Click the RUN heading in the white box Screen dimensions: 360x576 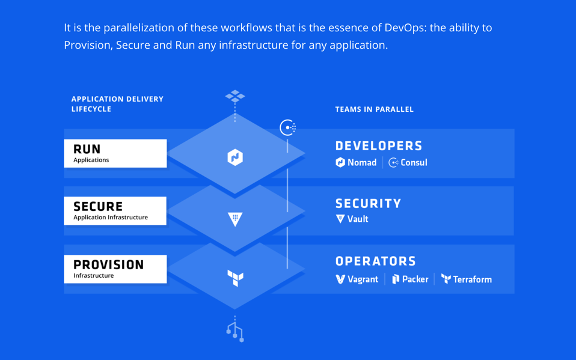pos(87,149)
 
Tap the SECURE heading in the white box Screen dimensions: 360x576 pos(98,207)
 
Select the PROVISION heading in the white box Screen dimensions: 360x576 pos(109,264)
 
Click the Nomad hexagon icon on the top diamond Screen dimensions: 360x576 pos(235,157)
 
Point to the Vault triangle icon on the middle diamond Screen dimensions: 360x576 pos(235,219)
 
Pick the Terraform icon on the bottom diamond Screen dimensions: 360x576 pos(235,278)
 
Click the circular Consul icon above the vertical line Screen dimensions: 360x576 pos(287,127)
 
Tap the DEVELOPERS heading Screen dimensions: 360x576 pos(379,146)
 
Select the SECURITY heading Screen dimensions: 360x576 pos(368,204)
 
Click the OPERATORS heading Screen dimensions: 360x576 pos(376,261)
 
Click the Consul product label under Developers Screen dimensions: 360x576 pos(408,162)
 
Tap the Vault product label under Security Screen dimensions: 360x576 pos(352,219)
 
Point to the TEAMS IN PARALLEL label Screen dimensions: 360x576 pos(374,109)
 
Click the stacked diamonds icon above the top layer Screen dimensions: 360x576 pos(235,96)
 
